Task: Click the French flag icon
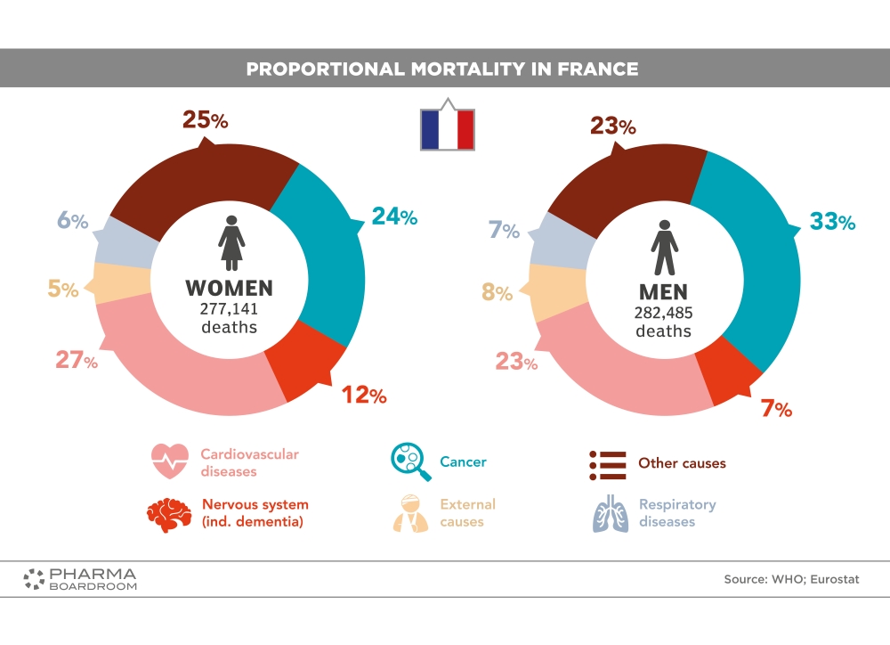[x=447, y=129]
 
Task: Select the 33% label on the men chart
[x=832, y=222]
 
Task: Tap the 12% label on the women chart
[x=365, y=395]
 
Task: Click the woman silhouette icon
[x=231, y=241]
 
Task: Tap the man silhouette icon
[x=664, y=247]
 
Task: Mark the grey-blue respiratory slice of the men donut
[x=558, y=243]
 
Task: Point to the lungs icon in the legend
[x=611, y=512]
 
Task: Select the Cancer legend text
[x=463, y=462]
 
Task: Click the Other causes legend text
[x=682, y=463]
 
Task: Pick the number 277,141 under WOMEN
[x=228, y=308]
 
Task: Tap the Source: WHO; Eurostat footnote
[x=791, y=579]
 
